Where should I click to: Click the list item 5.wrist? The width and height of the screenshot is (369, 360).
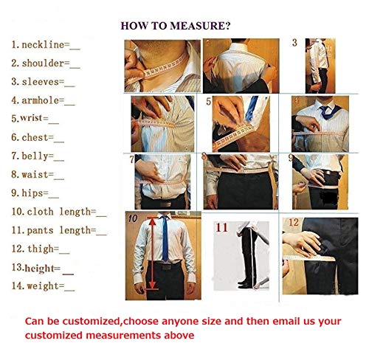34,118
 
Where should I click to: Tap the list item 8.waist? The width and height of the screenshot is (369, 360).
38,175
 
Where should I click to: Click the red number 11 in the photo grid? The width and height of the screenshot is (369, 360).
221,227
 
